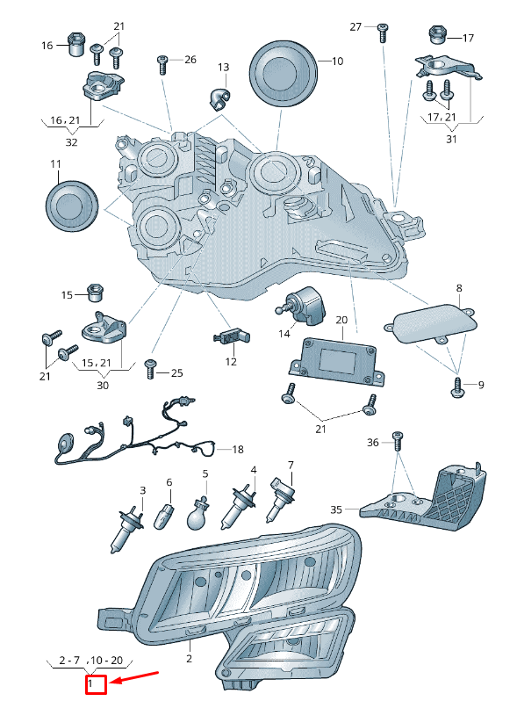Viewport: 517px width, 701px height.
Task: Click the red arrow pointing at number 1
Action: coord(133,677)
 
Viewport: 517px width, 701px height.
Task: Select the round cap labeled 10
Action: coord(283,74)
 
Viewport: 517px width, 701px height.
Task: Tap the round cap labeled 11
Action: coord(71,206)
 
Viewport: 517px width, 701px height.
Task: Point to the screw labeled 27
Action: coord(383,33)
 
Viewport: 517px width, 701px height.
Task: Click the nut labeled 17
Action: coord(436,35)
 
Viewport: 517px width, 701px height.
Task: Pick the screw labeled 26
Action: coord(162,65)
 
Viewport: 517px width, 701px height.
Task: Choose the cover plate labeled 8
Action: coord(430,323)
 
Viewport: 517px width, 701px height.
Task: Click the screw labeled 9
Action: coord(457,387)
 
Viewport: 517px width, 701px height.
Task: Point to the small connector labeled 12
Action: coord(232,336)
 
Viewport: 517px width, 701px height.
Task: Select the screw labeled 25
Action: coord(151,369)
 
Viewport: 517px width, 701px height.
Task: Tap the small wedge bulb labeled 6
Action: coord(163,516)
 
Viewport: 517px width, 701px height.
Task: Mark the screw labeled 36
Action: coord(398,442)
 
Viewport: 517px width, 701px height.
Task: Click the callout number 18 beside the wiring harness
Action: coord(238,449)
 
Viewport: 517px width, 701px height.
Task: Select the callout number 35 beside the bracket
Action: coord(336,509)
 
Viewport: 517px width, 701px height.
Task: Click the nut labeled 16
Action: coord(76,44)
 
